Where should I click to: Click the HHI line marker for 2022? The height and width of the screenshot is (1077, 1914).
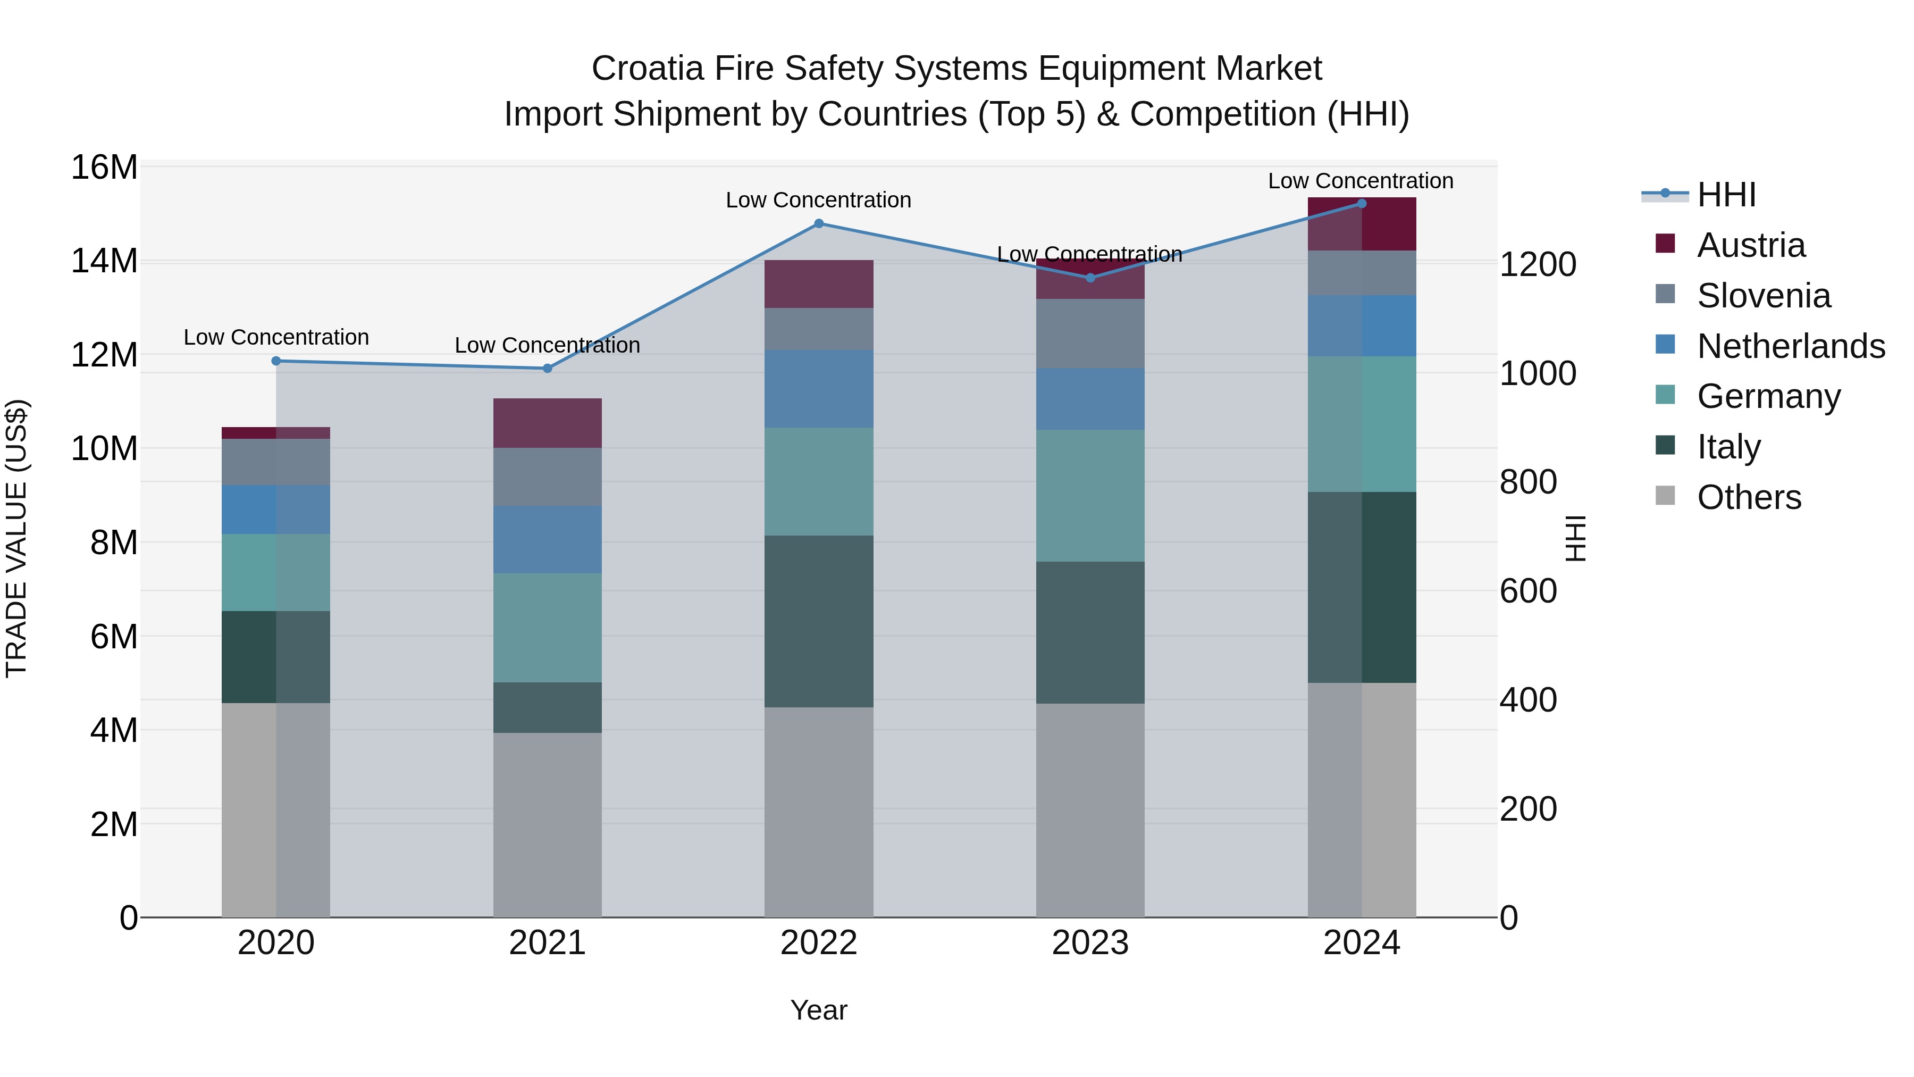[819, 223]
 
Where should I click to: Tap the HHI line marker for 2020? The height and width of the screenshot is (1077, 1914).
[276, 361]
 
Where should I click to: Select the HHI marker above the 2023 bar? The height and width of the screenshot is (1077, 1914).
[1090, 277]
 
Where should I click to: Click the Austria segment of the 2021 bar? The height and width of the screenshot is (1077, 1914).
[548, 422]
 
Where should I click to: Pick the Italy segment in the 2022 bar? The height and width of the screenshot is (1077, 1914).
[819, 621]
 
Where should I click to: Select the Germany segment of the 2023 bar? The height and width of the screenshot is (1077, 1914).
[1090, 495]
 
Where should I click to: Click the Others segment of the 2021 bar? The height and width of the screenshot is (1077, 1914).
[548, 825]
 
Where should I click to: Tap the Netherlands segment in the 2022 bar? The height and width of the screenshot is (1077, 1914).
[819, 389]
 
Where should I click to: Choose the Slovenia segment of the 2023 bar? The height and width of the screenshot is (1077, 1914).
[1090, 333]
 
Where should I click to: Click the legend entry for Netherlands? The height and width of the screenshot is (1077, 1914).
[1791, 346]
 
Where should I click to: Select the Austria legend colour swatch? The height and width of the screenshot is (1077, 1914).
[1665, 244]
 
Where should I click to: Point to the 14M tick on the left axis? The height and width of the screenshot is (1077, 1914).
[104, 262]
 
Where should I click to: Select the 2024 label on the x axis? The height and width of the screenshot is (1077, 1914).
[1361, 943]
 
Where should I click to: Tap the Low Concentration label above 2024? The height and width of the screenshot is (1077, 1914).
[1361, 181]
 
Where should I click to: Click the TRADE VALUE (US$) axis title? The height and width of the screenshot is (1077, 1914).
[16, 538]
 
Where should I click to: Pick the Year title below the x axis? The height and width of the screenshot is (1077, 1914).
[819, 1010]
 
